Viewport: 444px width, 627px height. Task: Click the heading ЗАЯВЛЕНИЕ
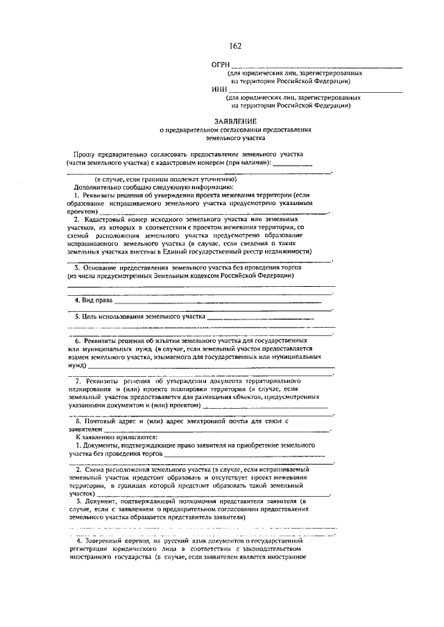pos(234,121)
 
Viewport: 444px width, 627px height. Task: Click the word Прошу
pos(87,152)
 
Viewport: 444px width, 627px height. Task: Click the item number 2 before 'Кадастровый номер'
pos(77,219)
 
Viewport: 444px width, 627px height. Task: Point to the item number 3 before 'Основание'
pos(77,267)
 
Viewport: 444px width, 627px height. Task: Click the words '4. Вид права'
pos(92,301)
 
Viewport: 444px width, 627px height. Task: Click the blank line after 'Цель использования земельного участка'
pos(261,318)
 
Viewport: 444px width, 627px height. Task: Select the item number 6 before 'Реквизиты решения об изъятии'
pos(77,342)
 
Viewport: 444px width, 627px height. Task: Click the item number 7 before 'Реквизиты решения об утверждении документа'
pos(78,382)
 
